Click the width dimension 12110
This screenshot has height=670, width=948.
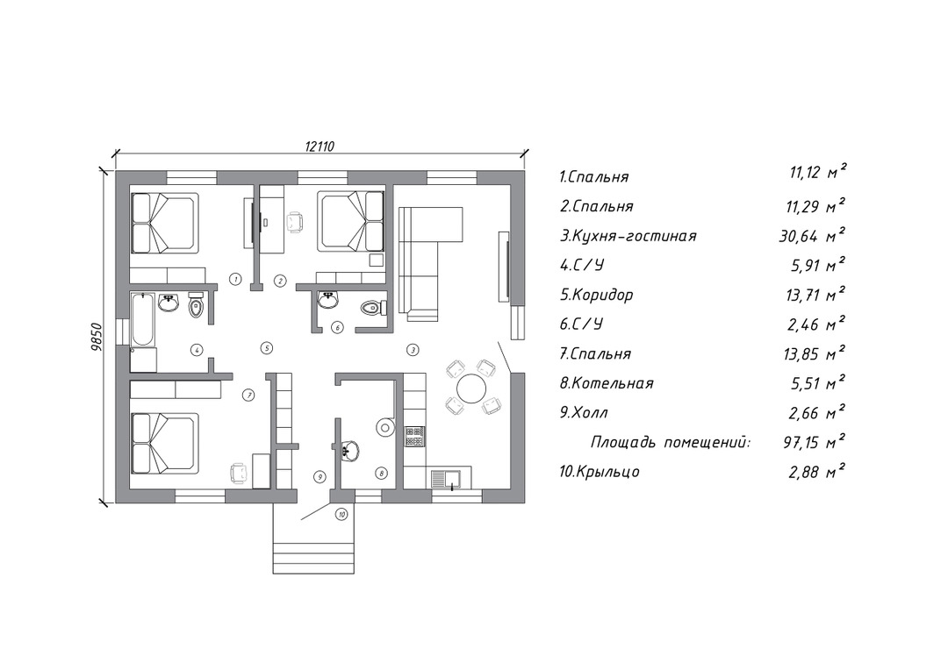[x=320, y=146]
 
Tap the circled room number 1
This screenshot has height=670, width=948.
[x=236, y=279]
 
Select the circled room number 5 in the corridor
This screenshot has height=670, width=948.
[x=266, y=348]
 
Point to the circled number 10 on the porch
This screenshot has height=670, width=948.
[x=341, y=515]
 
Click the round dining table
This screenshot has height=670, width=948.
[x=471, y=388]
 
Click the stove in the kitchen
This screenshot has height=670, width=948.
[x=414, y=436]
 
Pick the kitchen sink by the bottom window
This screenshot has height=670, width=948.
[x=447, y=480]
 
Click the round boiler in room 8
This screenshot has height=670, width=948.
[x=384, y=428]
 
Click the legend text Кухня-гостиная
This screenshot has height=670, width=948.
[x=634, y=236]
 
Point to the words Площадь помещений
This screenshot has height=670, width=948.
[x=671, y=443]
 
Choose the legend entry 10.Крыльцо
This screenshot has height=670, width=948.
[x=600, y=472]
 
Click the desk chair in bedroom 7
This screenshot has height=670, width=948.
[x=239, y=473]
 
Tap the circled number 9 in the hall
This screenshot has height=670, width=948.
[x=320, y=477]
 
